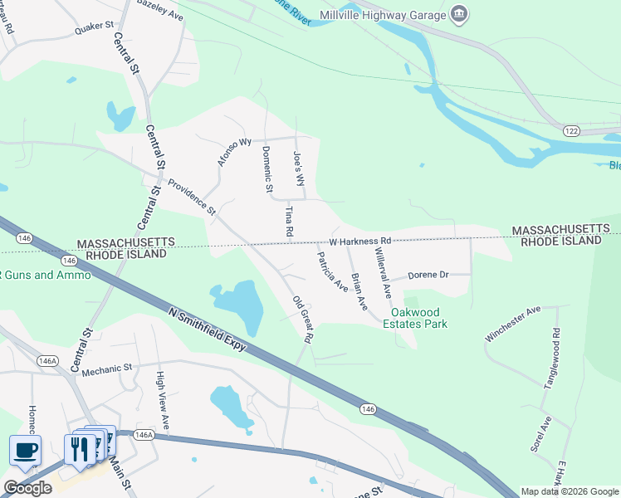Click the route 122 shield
click(x=571, y=130)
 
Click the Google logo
click(x=27, y=488)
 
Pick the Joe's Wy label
click(x=300, y=168)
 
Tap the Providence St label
click(x=191, y=197)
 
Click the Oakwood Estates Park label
click(x=419, y=318)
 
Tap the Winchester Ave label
click(x=512, y=324)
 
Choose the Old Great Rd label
click(x=302, y=319)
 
